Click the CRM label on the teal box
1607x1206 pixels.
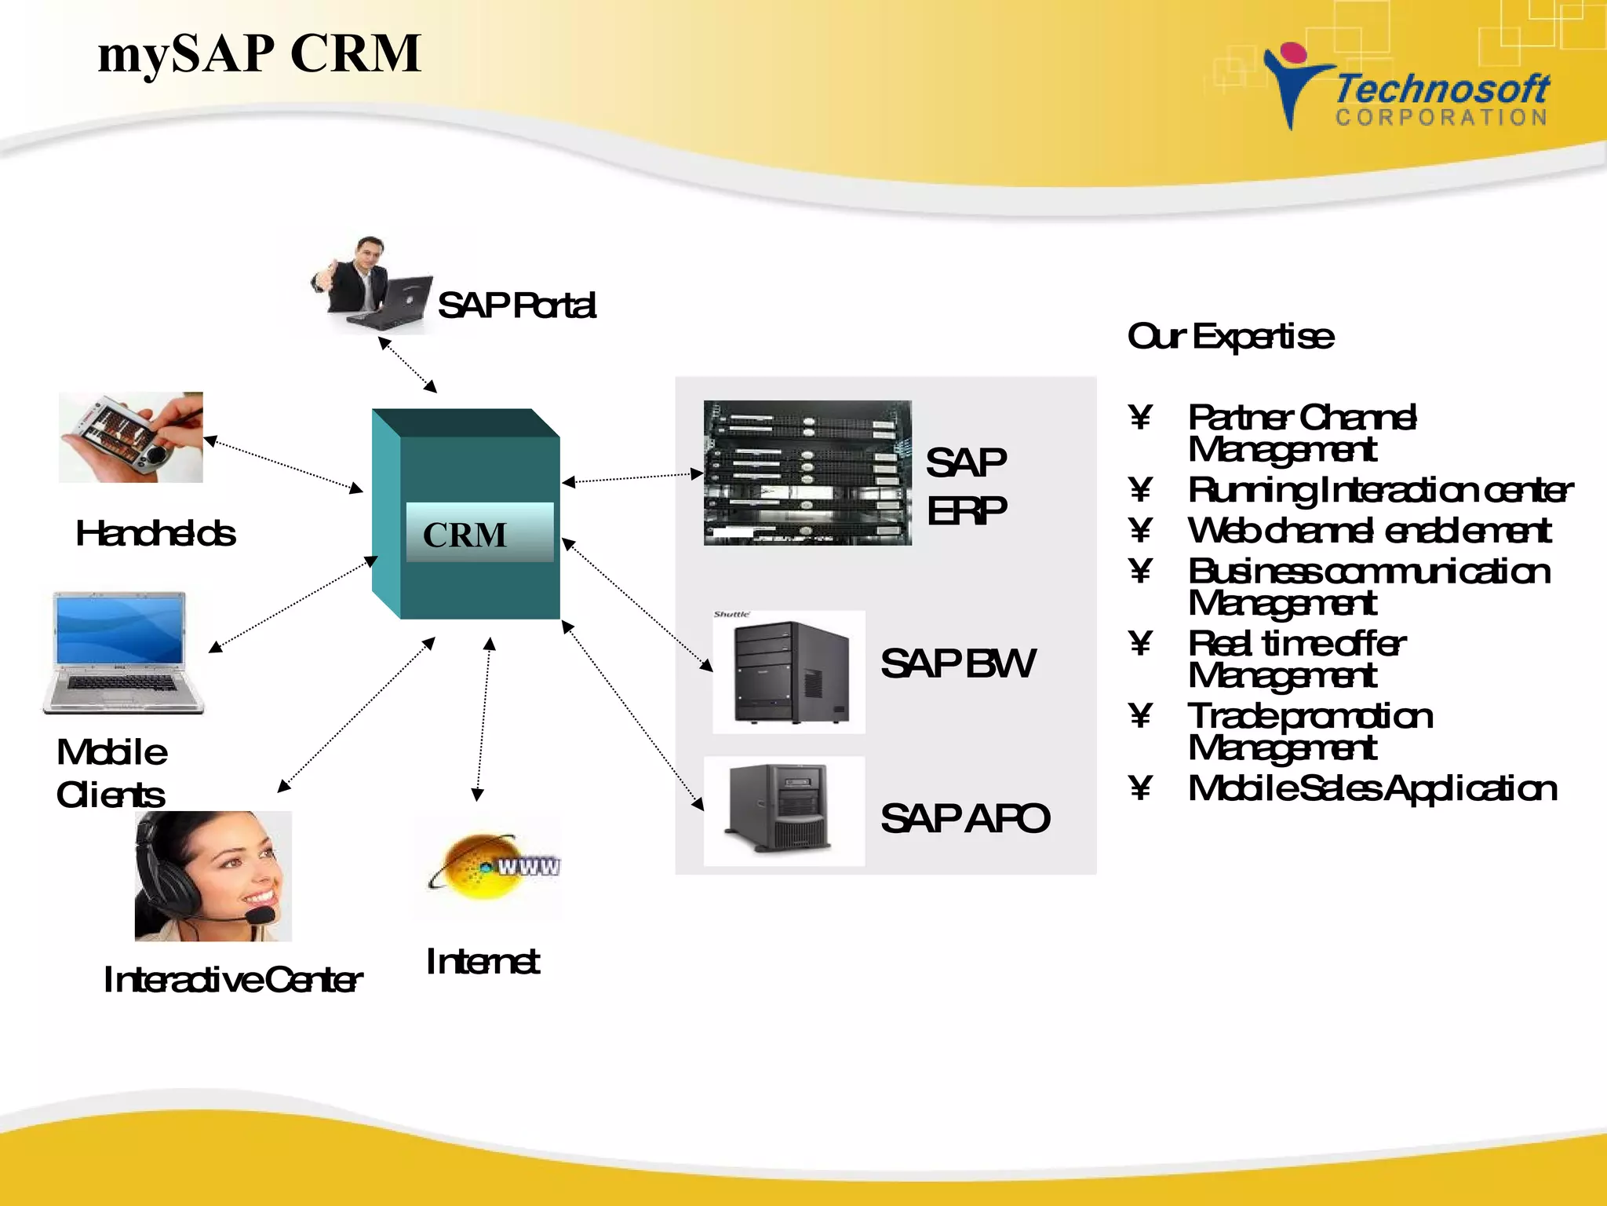[465, 535]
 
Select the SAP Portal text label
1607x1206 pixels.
[516, 305]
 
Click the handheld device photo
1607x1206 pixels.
[130, 437]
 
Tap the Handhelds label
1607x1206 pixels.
[155, 533]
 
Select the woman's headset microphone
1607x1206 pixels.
[260, 915]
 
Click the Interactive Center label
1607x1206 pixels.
[232, 979]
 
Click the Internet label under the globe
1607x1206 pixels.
[482, 962]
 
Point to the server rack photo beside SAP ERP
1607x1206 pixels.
[807, 473]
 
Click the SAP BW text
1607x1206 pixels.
[957, 663]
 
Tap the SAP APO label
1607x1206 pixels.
[964, 818]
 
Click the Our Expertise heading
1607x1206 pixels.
[1230, 337]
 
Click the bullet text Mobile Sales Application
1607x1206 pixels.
[1372, 788]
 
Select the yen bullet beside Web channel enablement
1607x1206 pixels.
[1141, 530]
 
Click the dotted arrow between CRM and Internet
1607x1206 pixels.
[483, 718]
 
